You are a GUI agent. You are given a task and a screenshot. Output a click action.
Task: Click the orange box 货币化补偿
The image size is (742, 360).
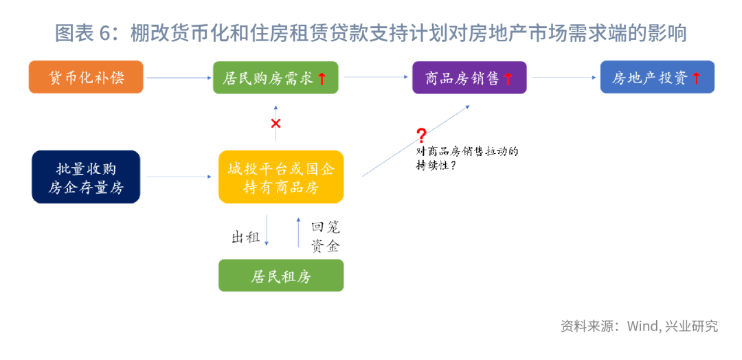click(x=86, y=77)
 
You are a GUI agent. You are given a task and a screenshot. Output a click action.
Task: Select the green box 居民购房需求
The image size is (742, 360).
click(x=276, y=77)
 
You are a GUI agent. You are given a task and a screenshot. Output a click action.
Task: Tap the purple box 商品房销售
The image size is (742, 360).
click(x=469, y=78)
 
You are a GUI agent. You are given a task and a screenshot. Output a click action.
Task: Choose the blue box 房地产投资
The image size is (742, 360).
click(x=657, y=77)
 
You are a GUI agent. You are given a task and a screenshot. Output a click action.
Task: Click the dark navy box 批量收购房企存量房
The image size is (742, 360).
click(x=86, y=177)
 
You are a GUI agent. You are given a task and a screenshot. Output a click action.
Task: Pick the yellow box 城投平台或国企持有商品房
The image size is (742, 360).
click(x=280, y=177)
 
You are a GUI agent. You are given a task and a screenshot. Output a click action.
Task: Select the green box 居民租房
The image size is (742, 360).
click(x=280, y=275)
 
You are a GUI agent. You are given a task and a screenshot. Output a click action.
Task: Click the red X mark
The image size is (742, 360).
click(x=276, y=124)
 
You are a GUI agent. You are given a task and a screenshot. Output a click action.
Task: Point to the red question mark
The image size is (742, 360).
click(x=420, y=135)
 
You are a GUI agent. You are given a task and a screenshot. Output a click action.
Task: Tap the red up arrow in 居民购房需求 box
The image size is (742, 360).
click(x=322, y=78)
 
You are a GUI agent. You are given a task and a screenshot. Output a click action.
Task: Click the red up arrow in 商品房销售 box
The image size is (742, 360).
click(x=508, y=78)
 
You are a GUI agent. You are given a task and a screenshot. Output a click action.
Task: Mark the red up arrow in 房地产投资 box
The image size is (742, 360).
click(x=696, y=78)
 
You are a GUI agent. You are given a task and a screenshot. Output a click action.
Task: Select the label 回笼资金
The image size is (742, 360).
click(x=325, y=237)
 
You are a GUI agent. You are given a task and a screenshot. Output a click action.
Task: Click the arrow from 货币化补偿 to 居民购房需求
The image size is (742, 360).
click(x=179, y=78)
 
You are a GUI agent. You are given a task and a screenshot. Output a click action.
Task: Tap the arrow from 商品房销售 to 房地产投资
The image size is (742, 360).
click(x=564, y=78)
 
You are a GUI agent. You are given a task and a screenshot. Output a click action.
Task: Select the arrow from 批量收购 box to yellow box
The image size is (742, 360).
click(x=179, y=177)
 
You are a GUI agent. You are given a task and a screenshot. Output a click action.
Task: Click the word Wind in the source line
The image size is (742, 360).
click(x=641, y=326)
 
